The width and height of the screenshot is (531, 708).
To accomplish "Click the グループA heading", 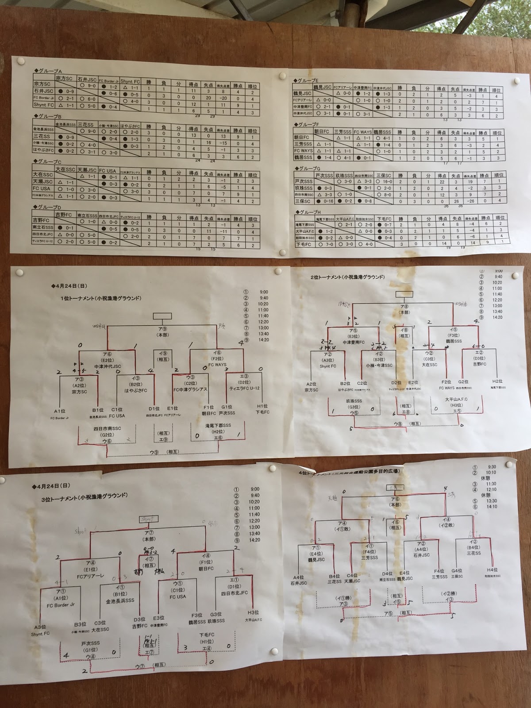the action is pos(48,71).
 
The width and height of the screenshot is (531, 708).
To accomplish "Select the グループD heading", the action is pos(48,207).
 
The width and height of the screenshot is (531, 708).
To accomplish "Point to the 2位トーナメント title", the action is pos(347,277).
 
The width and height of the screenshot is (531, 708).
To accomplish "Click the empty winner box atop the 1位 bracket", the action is pos(162,316).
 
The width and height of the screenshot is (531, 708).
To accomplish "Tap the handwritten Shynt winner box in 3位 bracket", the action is pos(149,519).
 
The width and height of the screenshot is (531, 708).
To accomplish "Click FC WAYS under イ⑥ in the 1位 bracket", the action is pos(217,365).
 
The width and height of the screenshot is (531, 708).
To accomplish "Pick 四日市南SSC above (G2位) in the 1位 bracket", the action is pos(107,429).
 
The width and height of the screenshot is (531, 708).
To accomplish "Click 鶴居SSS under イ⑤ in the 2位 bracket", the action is pos(453,342).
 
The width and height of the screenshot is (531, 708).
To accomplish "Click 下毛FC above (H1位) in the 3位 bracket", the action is pos(207,635).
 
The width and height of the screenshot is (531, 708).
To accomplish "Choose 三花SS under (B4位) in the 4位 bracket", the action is pos(473,553).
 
